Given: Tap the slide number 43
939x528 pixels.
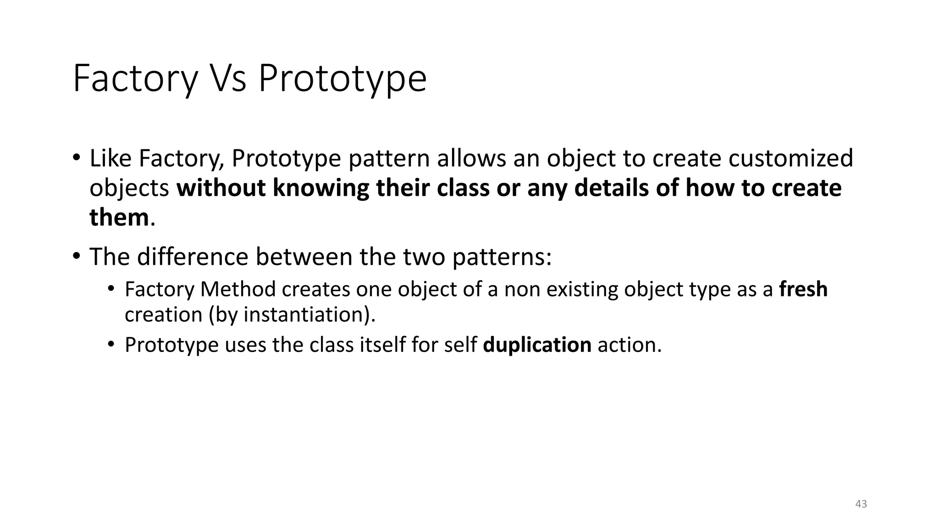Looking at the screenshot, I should coord(861,504).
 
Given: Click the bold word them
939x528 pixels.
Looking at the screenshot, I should coord(119,217).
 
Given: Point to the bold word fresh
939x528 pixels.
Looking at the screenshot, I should coord(803,290).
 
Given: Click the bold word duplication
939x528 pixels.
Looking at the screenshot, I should coord(537,345).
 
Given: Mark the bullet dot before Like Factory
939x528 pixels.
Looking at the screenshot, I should coord(76,158).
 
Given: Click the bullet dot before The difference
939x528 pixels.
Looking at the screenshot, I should coord(76,256).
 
